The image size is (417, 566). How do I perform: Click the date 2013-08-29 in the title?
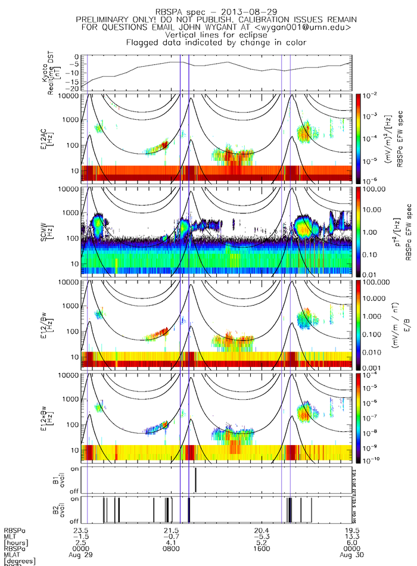pyautogui.click(x=236, y=11)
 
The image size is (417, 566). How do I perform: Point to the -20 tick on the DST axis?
pyautogui.click(x=76, y=88)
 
